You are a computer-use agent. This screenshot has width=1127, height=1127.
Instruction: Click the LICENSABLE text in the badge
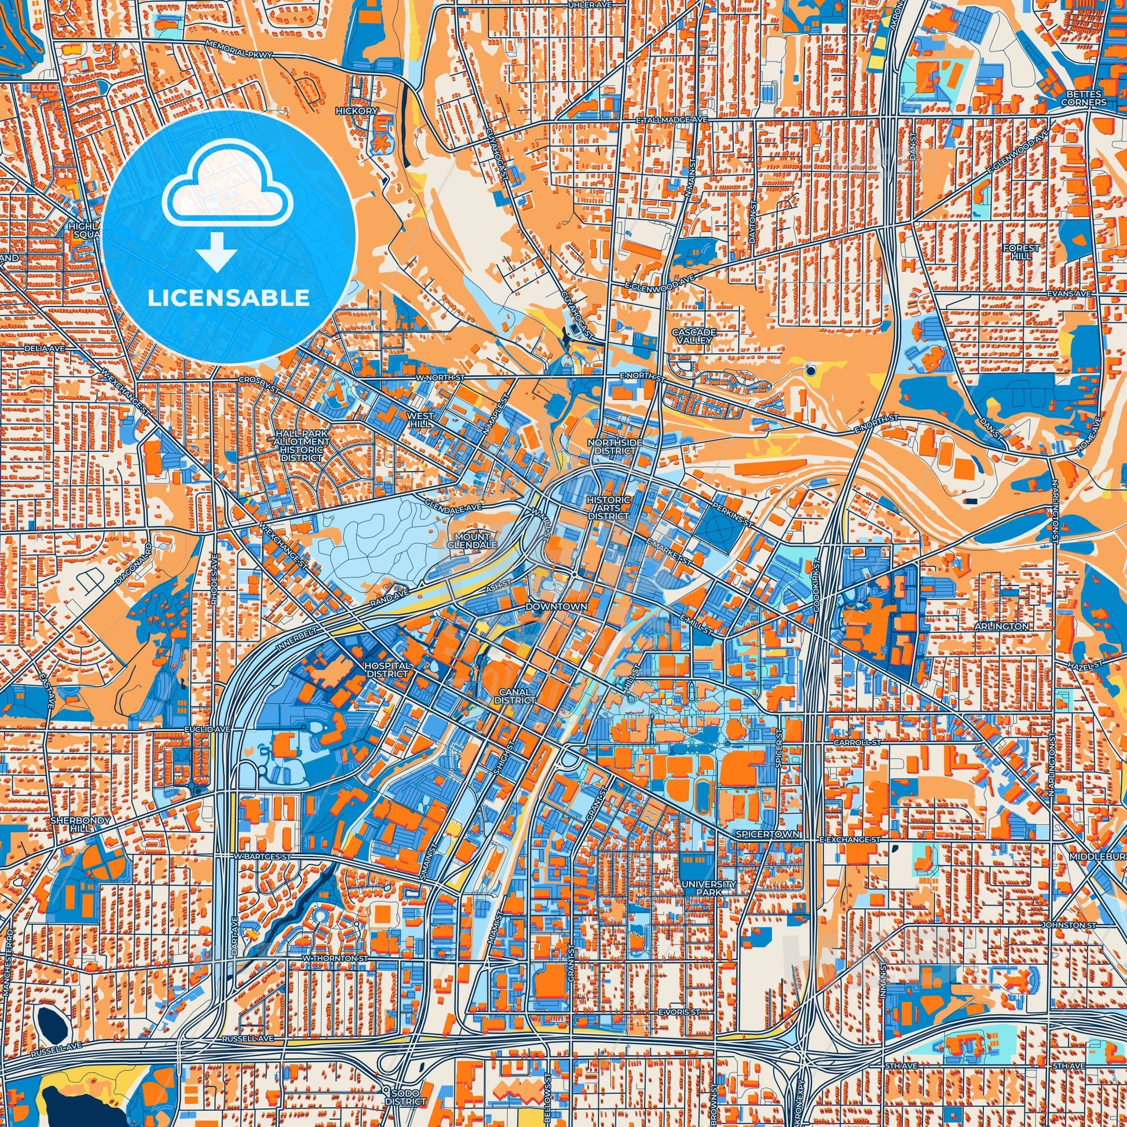pos(228,298)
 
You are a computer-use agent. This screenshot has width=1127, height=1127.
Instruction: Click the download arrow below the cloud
pos(217,251)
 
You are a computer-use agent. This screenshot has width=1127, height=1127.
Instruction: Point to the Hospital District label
pos(387,669)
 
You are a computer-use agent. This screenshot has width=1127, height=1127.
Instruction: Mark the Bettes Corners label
pos(1084,98)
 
